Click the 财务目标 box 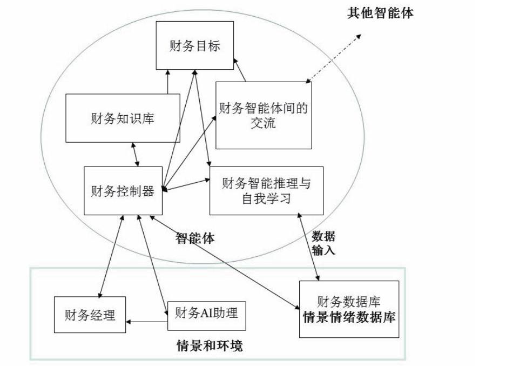click(194, 45)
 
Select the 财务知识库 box click(123, 118)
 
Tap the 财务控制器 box click(123, 191)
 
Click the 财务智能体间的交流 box click(264, 115)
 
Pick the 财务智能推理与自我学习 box click(266, 191)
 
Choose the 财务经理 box click(90, 315)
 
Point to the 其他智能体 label click(380, 13)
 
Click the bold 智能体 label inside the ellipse click(195, 238)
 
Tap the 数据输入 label click(323, 243)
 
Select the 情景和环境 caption click(210, 346)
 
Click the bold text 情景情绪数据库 click(349, 317)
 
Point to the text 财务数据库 click(349, 302)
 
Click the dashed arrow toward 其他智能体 click(333, 58)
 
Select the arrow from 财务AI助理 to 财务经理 click(147, 322)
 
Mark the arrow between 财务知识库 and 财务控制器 click(136, 155)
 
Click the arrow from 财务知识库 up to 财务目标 click(168, 82)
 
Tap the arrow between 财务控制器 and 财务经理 click(111, 256)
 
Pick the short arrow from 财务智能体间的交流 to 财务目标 click(240, 70)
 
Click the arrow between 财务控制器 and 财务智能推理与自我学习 click(186, 185)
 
